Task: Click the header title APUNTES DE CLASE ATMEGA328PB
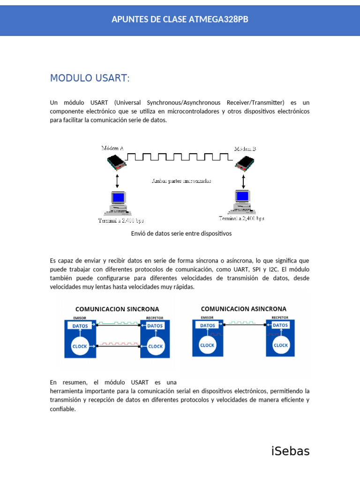point(180,19)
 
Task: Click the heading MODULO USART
point(90,78)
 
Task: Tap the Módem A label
point(112,148)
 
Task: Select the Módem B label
point(245,149)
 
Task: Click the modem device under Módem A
point(117,162)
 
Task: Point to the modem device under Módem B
point(245,163)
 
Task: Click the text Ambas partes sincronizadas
point(181,180)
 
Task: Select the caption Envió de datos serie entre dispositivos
point(181,233)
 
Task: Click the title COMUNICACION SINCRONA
point(117,309)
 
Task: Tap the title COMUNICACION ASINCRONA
point(244,309)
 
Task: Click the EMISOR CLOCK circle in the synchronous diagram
point(80,347)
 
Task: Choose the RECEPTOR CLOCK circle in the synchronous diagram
point(155,347)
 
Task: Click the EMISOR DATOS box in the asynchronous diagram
point(208,325)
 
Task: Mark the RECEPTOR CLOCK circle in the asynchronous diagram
point(281,345)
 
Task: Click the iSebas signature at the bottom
point(291,451)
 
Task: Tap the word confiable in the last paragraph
point(63,409)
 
